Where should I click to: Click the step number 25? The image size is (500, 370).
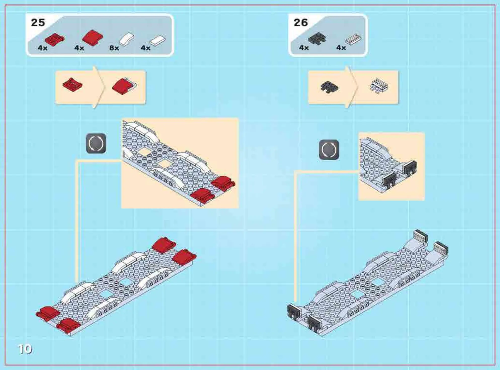point(38,23)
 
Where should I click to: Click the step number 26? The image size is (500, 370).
point(301,23)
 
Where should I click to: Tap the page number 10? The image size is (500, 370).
point(25,349)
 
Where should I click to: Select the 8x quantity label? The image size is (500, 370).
point(114,48)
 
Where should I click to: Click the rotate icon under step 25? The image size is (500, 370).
point(96,143)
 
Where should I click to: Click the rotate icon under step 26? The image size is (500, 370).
point(329,150)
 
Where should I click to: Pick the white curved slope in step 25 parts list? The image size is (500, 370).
point(127,39)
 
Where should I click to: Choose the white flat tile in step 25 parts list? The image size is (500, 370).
point(158,40)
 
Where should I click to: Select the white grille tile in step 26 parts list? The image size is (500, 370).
point(353,39)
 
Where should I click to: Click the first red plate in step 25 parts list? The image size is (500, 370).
point(55,40)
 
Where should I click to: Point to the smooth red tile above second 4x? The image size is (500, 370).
point(92,38)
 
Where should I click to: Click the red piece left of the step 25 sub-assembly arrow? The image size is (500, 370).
point(72,85)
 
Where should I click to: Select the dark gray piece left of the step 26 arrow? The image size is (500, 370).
point(329,87)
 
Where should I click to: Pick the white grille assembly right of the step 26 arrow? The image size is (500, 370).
point(379,86)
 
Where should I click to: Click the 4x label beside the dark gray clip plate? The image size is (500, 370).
point(304,48)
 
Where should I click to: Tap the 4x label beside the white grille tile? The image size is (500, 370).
point(341,48)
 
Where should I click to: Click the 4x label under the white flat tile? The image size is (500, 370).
point(145,48)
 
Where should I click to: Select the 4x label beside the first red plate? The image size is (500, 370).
point(43,48)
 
